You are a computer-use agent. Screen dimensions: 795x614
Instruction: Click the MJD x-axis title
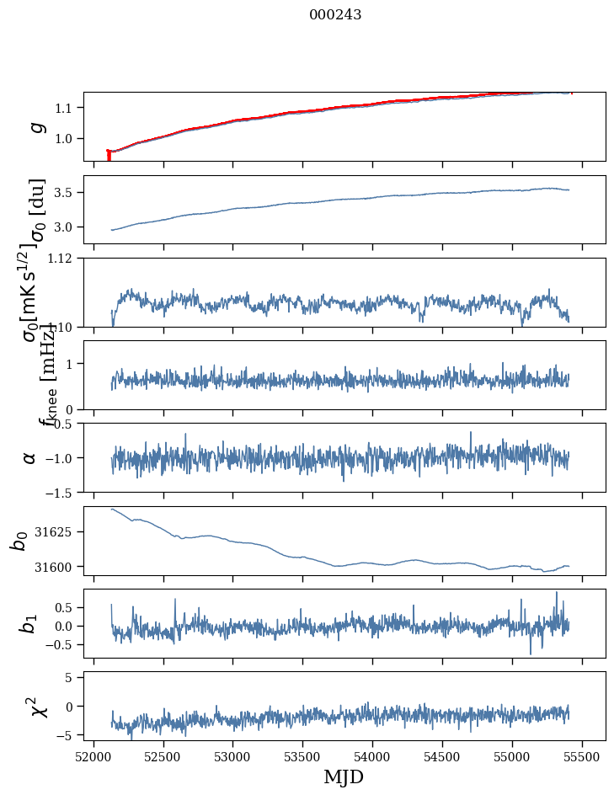(344, 776)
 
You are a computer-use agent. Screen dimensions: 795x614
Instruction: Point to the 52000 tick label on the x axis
(93, 756)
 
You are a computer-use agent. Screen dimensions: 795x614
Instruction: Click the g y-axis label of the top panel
(36, 126)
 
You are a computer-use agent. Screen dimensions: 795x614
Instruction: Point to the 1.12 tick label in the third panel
(61, 259)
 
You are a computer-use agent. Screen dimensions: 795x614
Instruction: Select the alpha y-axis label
(30, 457)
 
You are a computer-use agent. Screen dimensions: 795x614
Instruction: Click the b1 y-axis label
(30, 624)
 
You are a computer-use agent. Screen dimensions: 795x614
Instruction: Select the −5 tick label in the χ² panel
(67, 735)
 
